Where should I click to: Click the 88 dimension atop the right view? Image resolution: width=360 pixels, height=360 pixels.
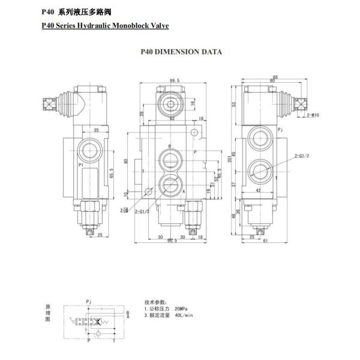coord(275,77)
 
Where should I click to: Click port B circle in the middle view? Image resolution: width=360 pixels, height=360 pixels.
coord(170,158)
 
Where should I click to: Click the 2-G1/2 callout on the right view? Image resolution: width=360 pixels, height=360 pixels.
coord(301,156)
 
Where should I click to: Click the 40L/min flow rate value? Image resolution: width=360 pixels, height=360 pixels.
coord(183,314)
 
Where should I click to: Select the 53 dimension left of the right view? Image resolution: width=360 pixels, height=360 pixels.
coord(235,103)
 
